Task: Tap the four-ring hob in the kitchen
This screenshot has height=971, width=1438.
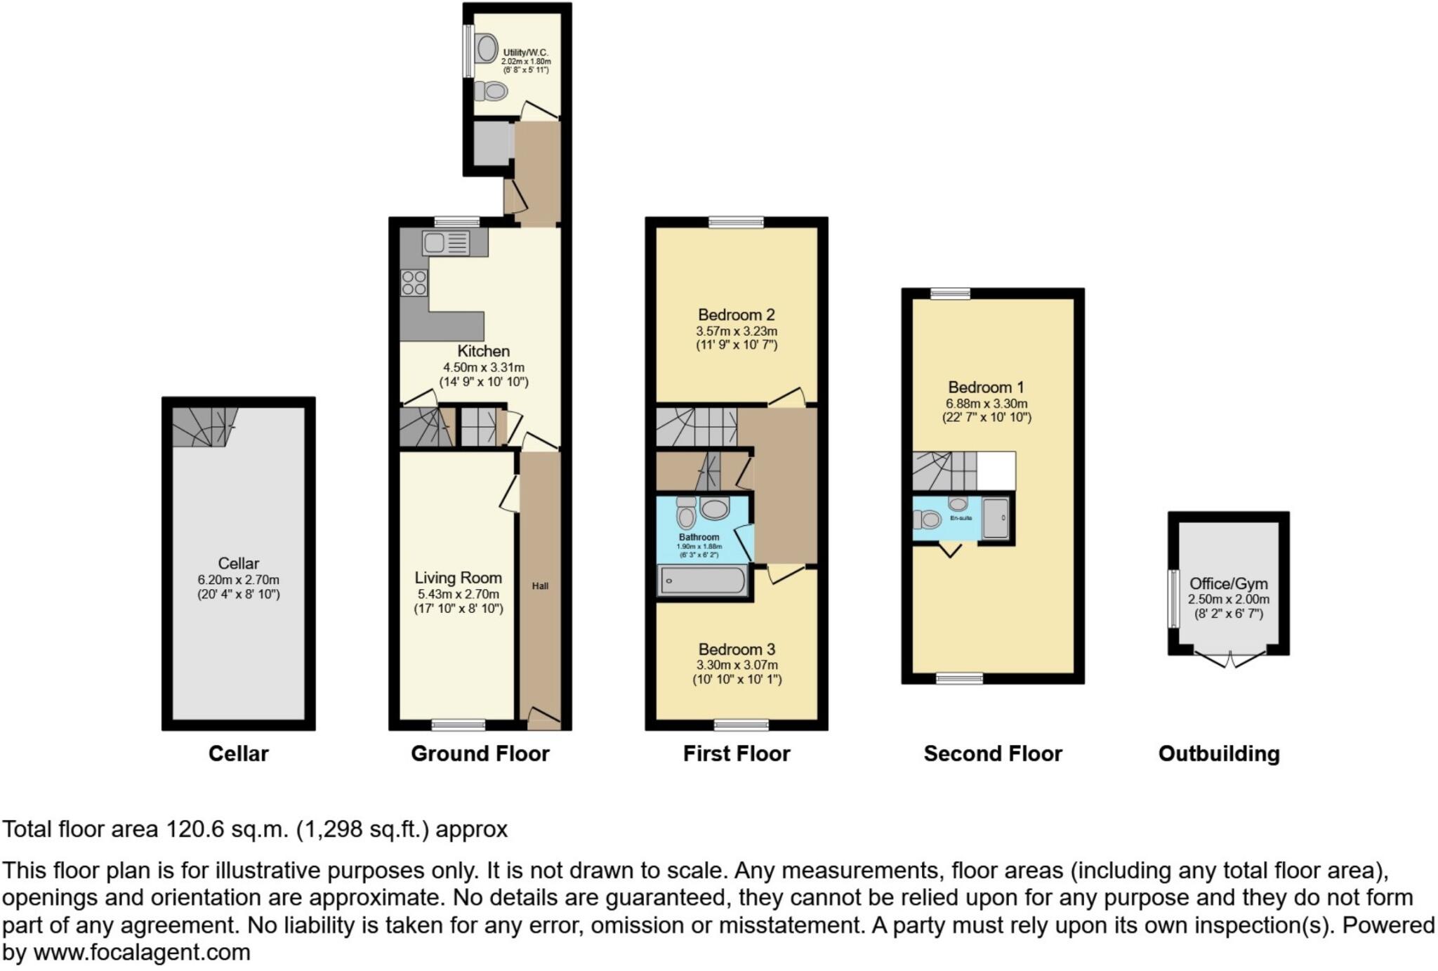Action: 414,282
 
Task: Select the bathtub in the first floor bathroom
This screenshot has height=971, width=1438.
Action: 703,581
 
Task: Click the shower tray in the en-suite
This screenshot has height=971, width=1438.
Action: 995,518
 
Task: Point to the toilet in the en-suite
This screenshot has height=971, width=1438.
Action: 928,520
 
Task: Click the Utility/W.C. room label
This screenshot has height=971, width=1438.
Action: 525,53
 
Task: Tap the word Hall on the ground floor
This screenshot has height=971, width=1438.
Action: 540,586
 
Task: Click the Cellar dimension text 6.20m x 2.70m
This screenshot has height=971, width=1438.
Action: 238,580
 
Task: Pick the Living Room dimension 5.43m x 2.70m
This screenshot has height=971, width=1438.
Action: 458,594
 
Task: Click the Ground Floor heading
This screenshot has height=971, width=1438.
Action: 480,754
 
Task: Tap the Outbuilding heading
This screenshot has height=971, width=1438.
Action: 1218,754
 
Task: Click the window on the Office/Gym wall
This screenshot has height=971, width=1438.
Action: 1173,598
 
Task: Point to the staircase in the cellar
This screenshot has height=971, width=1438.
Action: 203,426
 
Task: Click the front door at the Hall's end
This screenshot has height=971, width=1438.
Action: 543,717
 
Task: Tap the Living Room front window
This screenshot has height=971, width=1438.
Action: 458,725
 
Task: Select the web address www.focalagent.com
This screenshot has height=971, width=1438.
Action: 142,953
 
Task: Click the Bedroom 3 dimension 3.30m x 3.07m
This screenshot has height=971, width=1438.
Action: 737,665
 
